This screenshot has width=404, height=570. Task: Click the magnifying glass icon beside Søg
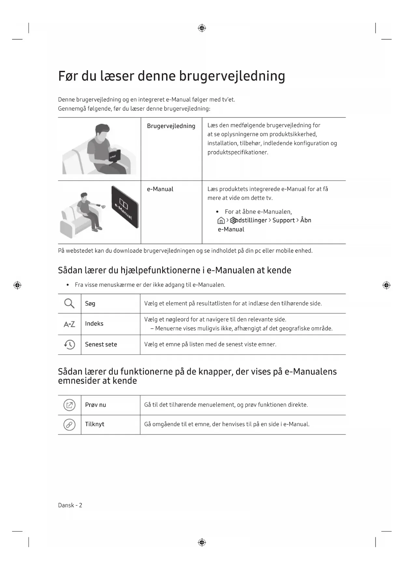click(x=69, y=304)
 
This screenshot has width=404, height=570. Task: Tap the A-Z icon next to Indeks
click(x=69, y=324)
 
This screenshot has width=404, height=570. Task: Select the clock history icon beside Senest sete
click(x=69, y=344)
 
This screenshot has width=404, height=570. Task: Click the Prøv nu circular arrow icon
click(x=69, y=405)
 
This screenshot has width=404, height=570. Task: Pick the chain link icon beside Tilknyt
click(x=69, y=424)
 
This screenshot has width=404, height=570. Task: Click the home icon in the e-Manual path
click(x=221, y=221)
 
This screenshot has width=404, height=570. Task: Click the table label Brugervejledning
click(x=171, y=126)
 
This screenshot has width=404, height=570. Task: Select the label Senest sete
click(x=101, y=344)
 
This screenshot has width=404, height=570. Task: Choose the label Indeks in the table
click(x=94, y=324)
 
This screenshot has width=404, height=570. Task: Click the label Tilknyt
click(x=95, y=424)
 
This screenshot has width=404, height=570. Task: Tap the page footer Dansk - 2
click(x=70, y=505)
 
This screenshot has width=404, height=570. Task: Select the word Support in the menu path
click(x=284, y=220)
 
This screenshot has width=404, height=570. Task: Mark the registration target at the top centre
click(x=202, y=28)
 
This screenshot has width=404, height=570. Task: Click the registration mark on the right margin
click(x=386, y=285)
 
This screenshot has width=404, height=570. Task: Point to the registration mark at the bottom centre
click(x=202, y=542)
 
